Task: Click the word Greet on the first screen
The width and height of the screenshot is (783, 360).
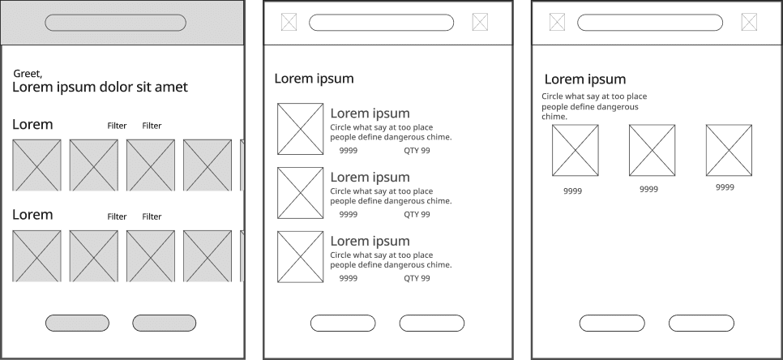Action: click(x=27, y=74)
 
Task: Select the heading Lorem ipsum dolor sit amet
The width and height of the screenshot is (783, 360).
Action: click(x=100, y=88)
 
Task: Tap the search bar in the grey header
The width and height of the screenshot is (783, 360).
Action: click(x=115, y=23)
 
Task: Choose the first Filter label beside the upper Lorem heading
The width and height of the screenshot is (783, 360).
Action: click(x=117, y=126)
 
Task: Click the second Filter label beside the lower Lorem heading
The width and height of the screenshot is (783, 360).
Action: click(x=152, y=216)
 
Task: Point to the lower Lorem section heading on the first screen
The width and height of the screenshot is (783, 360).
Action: click(x=32, y=215)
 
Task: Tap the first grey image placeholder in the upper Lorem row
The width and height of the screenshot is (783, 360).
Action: click(x=36, y=165)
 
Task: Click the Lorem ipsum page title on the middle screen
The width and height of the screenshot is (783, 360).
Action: click(x=314, y=79)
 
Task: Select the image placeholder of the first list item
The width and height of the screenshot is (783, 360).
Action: click(x=300, y=129)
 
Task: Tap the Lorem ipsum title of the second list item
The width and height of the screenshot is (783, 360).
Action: click(x=370, y=177)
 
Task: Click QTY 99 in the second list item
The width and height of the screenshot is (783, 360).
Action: click(x=417, y=215)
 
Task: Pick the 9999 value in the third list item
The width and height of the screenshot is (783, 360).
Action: click(x=348, y=278)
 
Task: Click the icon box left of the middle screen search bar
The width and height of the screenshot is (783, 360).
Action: click(x=289, y=23)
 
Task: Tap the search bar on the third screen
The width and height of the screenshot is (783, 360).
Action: click(x=649, y=23)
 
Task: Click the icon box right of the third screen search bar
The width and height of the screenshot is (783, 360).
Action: click(x=748, y=23)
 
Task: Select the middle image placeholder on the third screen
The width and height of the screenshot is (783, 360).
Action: click(x=652, y=150)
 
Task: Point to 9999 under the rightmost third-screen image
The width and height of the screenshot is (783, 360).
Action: click(x=725, y=187)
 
